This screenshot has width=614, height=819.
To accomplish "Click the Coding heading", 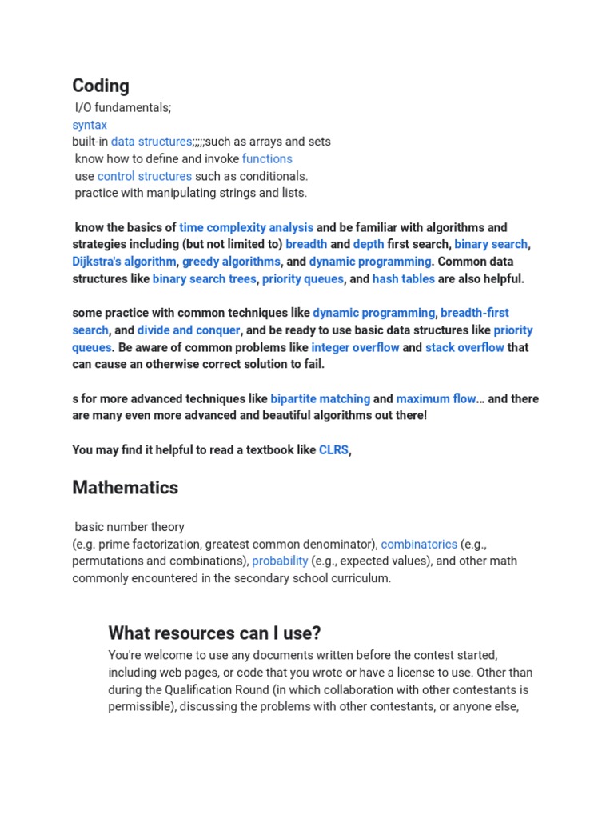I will pyautogui.click(x=101, y=86).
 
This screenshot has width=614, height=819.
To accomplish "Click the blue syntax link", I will pyautogui.click(x=90, y=125).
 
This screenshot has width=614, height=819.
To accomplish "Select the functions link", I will pyautogui.click(x=267, y=158).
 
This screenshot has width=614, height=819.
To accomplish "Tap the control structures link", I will pyautogui.click(x=145, y=176).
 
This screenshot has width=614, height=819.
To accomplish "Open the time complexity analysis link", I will pyautogui.click(x=246, y=227).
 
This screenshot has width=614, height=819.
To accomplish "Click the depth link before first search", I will pyautogui.click(x=369, y=244).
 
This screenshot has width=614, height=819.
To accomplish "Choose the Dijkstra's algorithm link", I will pyautogui.click(x=124, y=262).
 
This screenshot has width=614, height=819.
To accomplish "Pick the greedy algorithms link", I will pyautogui.click(x=231, y=262).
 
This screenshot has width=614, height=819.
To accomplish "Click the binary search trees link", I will pyautogui.click(x=205, y=279).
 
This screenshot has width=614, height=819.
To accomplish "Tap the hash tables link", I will pyautogui.click(x=404, y=279).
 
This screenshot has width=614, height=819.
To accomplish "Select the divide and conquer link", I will pyautogui.click(x=189, y=330).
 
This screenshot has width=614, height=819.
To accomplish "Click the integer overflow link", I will pyautogui.click(x=355, y=347).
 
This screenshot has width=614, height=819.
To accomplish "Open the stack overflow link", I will pyautogui.click(x=464, y=347).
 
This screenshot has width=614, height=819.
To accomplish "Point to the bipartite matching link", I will pyautogui.click(x=320, y=398).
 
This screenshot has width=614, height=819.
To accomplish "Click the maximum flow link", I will pyautogui.click(x=436, y=398).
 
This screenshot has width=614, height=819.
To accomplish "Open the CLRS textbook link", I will pyautogui.click(x=333, y=450).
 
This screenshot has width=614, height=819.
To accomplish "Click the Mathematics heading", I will pyautogui.click(x=126, y=487).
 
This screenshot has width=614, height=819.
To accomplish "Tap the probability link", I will pyautogui.click(x=280, y=561).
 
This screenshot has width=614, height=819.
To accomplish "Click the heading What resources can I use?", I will pyautogui.click(x=214, y=633).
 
